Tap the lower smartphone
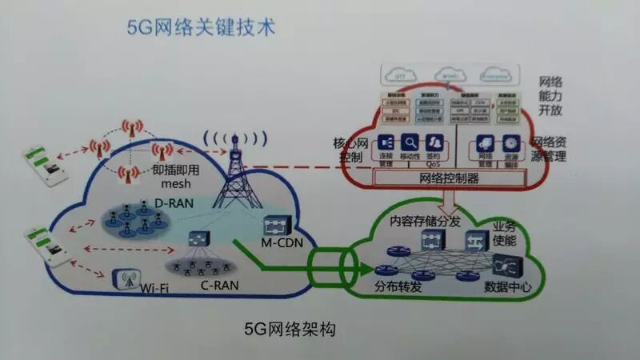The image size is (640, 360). (45, 246)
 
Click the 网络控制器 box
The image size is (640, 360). (449, 178)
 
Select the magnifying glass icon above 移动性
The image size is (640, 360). (410, 142)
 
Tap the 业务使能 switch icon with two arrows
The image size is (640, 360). (474, 239)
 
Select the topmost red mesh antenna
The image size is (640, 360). (128, 127)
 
